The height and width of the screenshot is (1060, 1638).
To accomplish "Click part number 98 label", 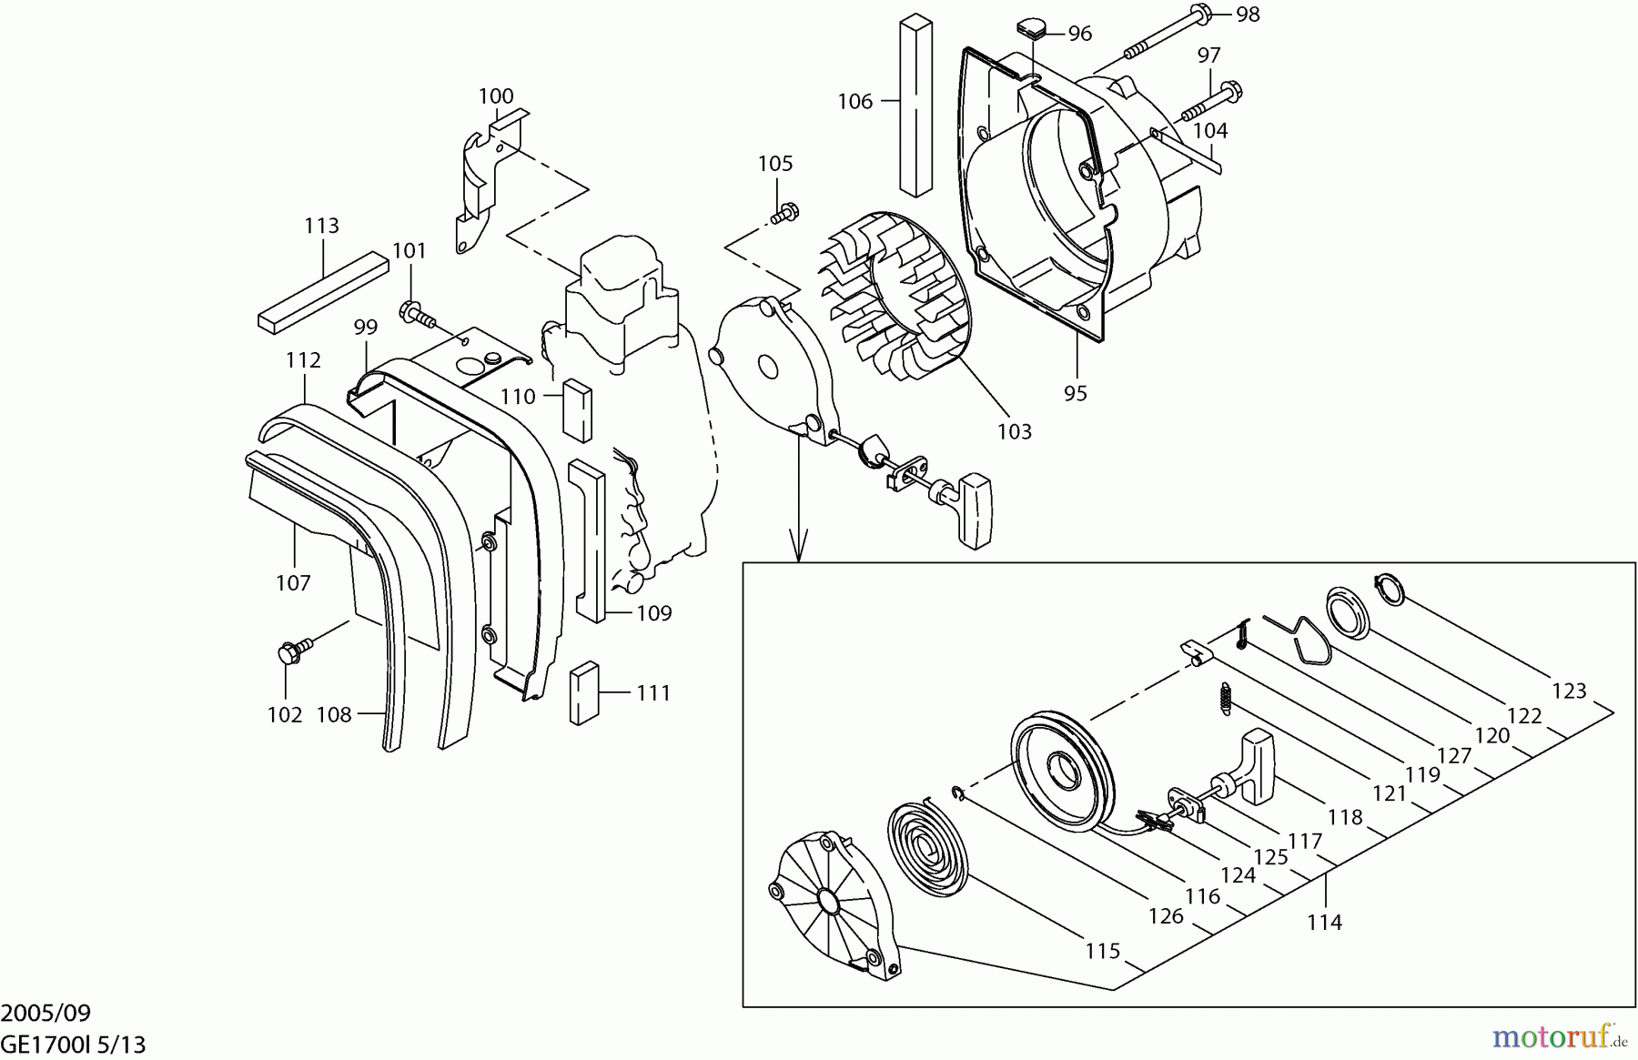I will pos(1248,15).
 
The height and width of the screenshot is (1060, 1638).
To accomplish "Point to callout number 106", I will pos(854,101).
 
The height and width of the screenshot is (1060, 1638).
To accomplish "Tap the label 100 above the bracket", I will pos(495,96).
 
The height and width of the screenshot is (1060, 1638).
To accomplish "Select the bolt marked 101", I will pos(417,315).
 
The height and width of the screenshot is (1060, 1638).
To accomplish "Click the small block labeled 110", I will pos(578,409).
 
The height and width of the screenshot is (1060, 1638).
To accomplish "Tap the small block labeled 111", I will pos(583,692).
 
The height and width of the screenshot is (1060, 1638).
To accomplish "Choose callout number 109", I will pos(653,613).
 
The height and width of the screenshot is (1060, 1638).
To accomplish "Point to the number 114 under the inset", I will pos(1324,922).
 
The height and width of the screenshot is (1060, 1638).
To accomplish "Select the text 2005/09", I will pos(45,1013).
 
